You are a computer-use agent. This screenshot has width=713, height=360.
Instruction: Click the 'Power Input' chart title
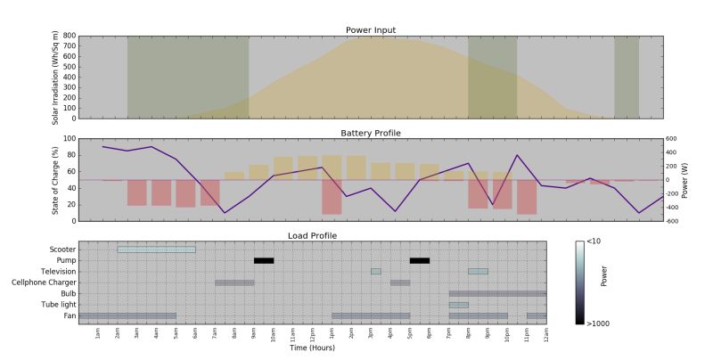point(371,30)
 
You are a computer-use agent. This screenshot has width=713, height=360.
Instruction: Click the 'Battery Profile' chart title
point(371,133)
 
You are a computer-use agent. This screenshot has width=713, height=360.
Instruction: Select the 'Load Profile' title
point(312,235)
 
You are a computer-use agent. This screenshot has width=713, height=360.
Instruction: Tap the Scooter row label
point(61,250)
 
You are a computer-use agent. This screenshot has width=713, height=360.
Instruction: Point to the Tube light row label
point(56,305)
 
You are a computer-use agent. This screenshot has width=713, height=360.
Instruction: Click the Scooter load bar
point(156,250)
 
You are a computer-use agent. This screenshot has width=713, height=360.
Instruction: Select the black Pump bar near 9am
point(264,260)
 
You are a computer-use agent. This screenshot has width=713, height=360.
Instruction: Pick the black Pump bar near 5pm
point(420,260)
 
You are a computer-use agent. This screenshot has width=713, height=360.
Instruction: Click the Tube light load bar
point(458,305)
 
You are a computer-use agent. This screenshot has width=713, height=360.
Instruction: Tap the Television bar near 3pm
point(376,272)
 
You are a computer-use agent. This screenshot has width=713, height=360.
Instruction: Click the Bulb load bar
point(497,293)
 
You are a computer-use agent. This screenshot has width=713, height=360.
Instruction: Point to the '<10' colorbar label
point(595,241)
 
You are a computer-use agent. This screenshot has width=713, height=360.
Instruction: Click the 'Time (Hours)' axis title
point(312,348)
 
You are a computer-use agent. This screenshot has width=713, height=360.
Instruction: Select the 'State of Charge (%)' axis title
point(57,179)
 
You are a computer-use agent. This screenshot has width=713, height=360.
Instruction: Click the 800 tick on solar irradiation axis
point(70,36)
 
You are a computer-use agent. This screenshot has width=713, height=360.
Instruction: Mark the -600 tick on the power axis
point(673,221)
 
